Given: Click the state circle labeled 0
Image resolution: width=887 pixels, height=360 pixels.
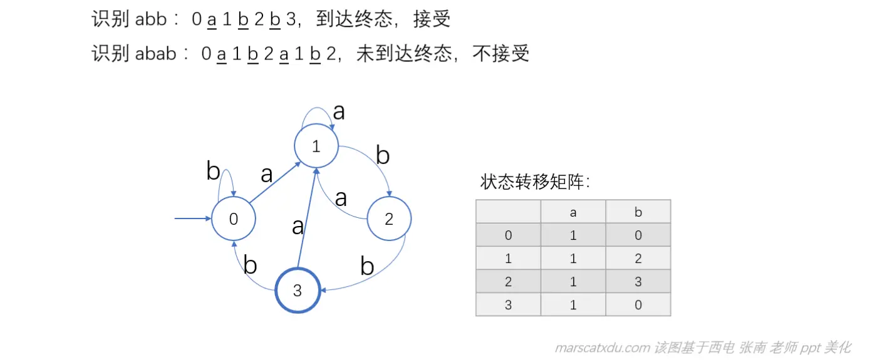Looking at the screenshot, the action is coord(234,219).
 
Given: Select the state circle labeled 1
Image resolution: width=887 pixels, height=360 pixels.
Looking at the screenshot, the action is coord(316,147).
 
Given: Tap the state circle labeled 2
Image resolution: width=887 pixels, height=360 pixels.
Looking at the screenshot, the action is coord(389,219).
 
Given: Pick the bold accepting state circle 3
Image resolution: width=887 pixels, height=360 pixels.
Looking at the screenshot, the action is coord(298,291).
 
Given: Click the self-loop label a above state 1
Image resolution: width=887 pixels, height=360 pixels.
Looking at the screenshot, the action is coord(339,111).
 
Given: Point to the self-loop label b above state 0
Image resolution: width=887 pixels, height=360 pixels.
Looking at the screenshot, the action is coord(213,171).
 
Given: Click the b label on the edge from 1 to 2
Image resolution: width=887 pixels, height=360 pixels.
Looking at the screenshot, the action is coord(382,155).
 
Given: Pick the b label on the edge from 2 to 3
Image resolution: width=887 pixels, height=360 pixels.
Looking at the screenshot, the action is coord(367,267).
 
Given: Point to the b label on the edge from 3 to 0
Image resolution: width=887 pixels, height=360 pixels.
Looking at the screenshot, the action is coord(250,265).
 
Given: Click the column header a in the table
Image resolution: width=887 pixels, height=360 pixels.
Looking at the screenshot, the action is coord(573,212).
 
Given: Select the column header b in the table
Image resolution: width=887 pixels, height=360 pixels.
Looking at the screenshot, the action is coord(638,212).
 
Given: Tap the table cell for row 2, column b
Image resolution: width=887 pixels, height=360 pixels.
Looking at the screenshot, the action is coord(638,282).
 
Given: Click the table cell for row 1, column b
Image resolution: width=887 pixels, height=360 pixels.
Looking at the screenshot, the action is coord(638,259).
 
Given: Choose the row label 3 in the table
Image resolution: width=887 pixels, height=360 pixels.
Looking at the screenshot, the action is coord(508,305).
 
